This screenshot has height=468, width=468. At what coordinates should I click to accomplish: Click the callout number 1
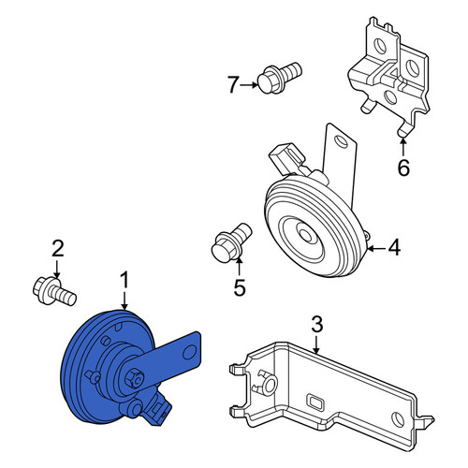tap(124, 280)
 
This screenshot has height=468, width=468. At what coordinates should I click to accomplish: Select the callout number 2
tap(58, 248)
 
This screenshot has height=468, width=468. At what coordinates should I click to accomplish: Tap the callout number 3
tap(317, 324)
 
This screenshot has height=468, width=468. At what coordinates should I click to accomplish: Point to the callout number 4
tap(394, 247)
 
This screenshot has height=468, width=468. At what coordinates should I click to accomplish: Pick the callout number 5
tap(240, 287)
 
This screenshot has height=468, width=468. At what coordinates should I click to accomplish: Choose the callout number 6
tap(403, 168)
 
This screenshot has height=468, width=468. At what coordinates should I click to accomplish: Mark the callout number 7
tap(233, 84)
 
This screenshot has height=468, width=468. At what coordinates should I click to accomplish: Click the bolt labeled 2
tap(54, 291)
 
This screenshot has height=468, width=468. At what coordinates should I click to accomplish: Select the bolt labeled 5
tap(231, 242)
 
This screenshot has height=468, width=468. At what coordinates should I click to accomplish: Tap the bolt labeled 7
tap(279, 78)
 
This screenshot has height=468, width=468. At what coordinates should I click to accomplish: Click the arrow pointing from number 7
tap(249, 84)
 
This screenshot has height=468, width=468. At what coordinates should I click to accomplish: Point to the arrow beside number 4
tap(376, 248)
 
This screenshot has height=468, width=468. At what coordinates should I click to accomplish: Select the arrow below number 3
tap(316, 344)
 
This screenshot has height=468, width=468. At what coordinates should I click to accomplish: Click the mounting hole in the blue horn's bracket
tap(189, 352)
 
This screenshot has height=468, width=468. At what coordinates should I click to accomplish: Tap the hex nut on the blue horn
tap(135, 378)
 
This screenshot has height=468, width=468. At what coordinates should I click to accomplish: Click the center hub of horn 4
tap(306, 236)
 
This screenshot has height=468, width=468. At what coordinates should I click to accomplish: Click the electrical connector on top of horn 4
tap(286, 158)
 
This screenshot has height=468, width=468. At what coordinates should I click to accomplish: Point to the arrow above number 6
tap(402, 147)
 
